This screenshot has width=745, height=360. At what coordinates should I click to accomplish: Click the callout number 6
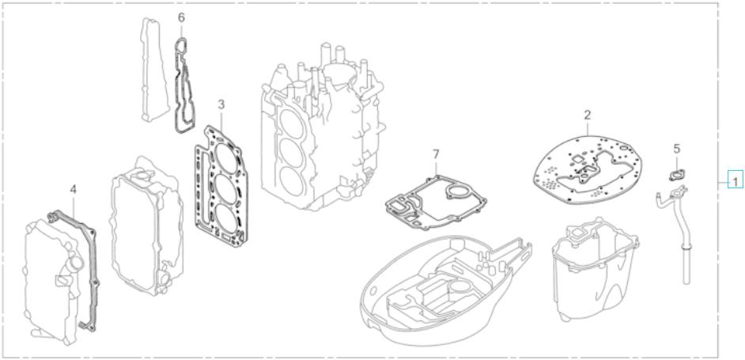coord(181,17)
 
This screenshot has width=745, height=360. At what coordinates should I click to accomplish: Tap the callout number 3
coord(221,104)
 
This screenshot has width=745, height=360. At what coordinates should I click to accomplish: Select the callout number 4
coord(73,189)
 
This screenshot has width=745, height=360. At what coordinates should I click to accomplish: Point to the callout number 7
coord(436,153)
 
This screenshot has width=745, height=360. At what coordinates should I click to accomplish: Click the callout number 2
coord(588,116)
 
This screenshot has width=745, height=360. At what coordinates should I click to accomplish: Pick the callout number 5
coord(676,148)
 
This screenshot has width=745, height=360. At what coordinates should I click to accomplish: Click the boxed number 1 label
coord(736,181)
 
